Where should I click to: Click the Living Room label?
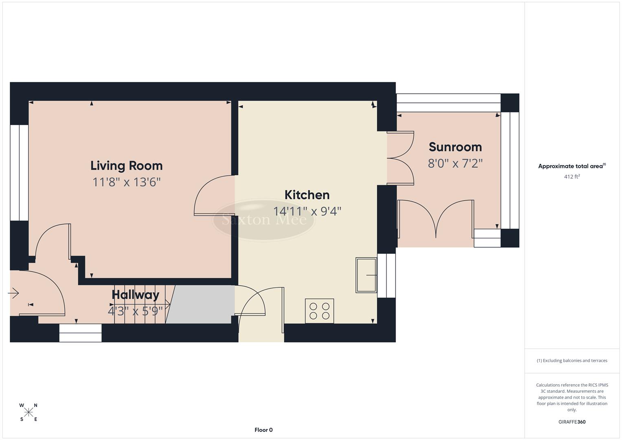[x=126, y=165]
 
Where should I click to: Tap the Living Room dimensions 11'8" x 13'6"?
[x=126, y=182]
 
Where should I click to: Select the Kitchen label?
[x=307, y=195]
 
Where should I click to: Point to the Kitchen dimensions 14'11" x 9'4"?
[x=307, y=211]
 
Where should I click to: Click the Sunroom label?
[x=455, y=147]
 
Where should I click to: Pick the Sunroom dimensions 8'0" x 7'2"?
[x=455, y=163]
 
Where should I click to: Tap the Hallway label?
[x=135, y=295]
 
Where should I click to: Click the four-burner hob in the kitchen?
[x=319, y=311]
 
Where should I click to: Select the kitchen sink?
[x=366, y=275]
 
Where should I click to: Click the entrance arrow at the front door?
[x=13, y=293]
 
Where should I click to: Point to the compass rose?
[x=29, y=412]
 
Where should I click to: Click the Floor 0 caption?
[x=264, y=430]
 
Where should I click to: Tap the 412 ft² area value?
[x=572, y=177]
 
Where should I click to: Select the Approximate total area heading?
[x=571, y=166]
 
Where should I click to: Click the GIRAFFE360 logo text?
[x=572, y=422]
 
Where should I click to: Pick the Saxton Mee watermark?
[x=264, y=220]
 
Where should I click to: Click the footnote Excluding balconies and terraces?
[x=572, y=361]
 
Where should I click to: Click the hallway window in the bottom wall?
[x=80, y=333]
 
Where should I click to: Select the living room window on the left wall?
[x=19, y=172]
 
